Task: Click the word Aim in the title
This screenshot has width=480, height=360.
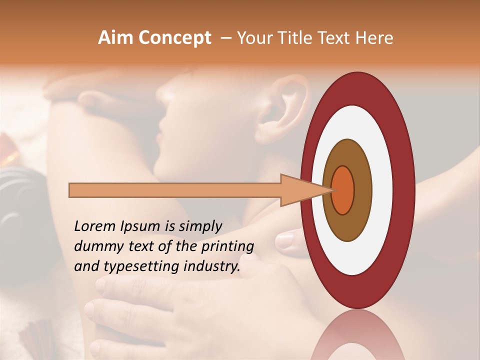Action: [115, 38]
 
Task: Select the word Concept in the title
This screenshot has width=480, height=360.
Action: [174, 38]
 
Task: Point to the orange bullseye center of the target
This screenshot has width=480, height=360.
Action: [342, 190]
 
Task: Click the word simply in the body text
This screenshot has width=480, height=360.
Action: [197, 226]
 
